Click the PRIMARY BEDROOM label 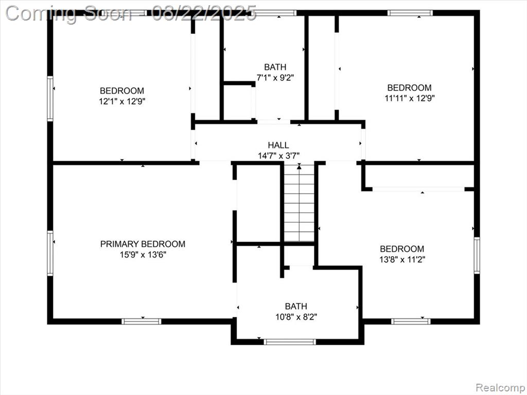pyautogui.click(x=143, y=244)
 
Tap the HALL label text pyautogui.click(x=278, y=145)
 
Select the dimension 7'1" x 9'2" pyautogui.click(x=275, y=78)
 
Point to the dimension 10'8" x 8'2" pyautogui.click(x=296, y=317)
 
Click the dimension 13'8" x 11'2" pyautogui.click(x=402, y=259)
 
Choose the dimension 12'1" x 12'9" pyautogui.click(x=122, y=101)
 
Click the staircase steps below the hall pyautogui.click(x=299, y=203)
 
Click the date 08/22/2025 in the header pyautogui.click(x=204, y=13)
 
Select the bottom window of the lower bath pyautogui.click(x=290, y=342)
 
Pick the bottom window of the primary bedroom pyautogui.click(x=142, y=321)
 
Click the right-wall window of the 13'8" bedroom pyautogui.click(x=477, y=255)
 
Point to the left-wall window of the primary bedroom pyautogui.click(x=50, y=253)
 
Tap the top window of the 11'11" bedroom pyautogui.click(x=410, y=13)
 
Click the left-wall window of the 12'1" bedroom pyautogui.click(x=50, y=98)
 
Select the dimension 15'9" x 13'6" pyautogui.click(x=143, y=255)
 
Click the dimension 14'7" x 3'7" pyautogui.click(x=278, y=155)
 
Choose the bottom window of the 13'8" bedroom pyautogui.click(x=411, y=321)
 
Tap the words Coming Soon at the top pyautogui.click(x=69, y=14)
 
